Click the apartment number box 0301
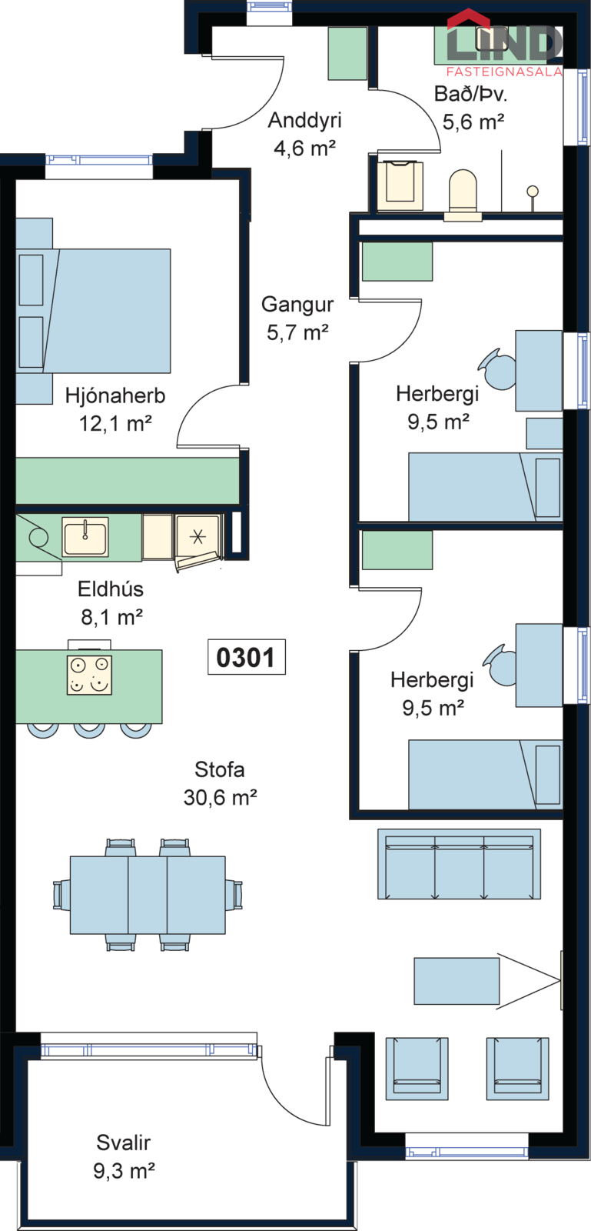(247, 657)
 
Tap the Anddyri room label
(304, 120)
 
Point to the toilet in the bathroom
(463, 195)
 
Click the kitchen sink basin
(85, 537)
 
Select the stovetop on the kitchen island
(89, 675)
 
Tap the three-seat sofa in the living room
(459, 864)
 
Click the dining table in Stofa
(148, 895)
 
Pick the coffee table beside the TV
(457, 981)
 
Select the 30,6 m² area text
(220, 797)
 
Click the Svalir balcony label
(124, 1143)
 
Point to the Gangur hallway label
(297, 305)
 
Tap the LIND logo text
(504, 43)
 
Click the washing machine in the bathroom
(400, 185)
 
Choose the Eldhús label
(111, 589)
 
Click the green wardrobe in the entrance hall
(347, 53)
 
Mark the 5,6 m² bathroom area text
(473, 122)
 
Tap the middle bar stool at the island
(89, 730)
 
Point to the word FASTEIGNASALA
(504, 72)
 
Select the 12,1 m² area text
(115, 424)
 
